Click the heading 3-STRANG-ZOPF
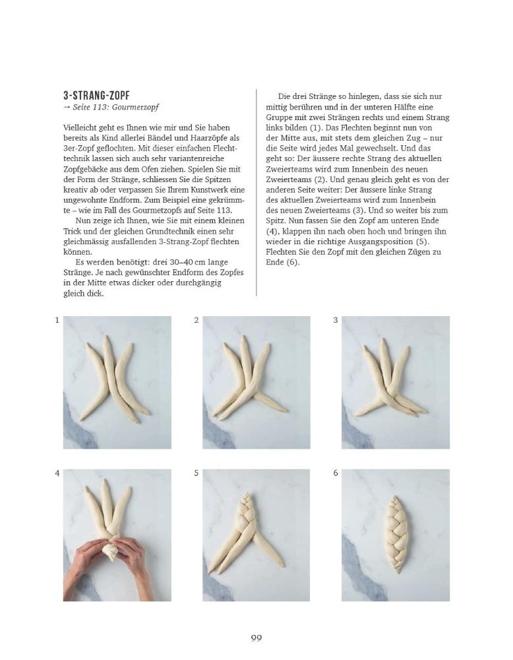(96, 96)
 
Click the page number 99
(256, 638)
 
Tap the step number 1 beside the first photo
(57, 320)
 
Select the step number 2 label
(196, 320)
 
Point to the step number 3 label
(336, 320)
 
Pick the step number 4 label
(57, 473)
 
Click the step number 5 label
(196, 473)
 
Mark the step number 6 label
(336, 473)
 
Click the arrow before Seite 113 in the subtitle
(67, 108)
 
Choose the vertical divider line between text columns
(256, 191)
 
